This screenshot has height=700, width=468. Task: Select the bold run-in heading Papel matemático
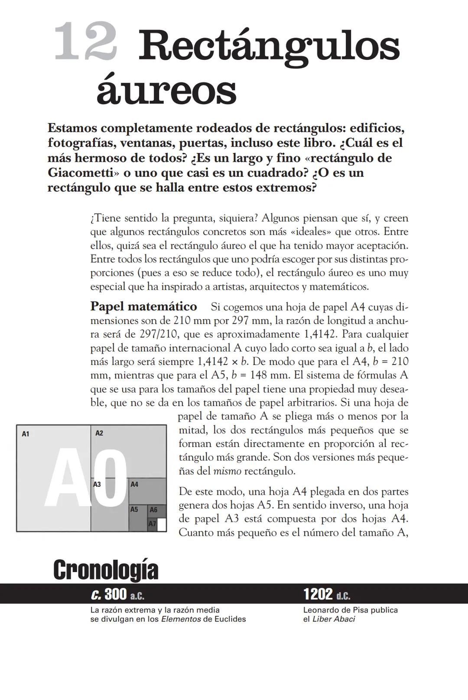coord(143,306)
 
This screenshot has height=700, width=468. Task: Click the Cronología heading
coord(106,570)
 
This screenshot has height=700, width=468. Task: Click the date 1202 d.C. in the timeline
coord(327,594)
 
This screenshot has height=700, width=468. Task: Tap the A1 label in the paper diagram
coord(26,433)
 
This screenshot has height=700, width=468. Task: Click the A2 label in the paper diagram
coord(99,433)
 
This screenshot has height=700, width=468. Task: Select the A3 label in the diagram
coord(97,484)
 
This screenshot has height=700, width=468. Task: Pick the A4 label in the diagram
coord(134,484)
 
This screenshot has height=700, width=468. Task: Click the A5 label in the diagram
coord(134,509)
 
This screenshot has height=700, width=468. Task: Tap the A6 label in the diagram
coord(153,510)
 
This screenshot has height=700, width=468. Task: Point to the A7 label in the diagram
coord(152,524)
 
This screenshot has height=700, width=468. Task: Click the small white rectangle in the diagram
coord(162,524)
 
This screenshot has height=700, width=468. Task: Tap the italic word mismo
coord(227,471)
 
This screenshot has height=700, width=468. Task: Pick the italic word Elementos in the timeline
coord(181,619)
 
